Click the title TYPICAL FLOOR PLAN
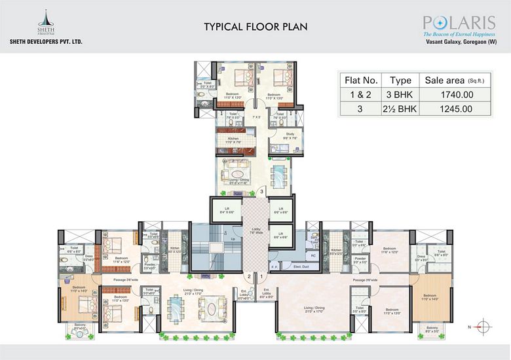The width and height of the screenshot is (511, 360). (255, 27)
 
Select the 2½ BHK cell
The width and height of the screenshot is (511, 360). (400, 109)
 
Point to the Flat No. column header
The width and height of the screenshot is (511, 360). (361, 81)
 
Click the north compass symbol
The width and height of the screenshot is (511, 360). (483, 326)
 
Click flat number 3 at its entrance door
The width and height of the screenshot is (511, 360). (261, 192)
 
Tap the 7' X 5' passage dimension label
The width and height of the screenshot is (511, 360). (256, 118)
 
